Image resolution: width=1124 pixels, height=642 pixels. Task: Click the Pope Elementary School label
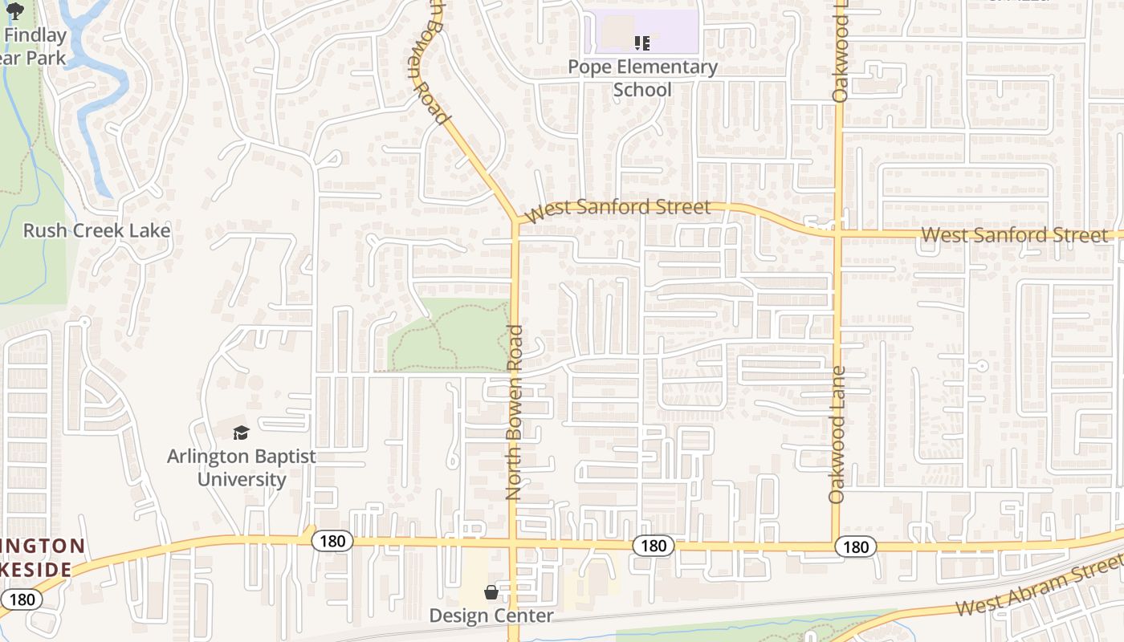pos(642,78)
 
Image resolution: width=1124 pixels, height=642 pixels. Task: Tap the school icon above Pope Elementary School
pos(641,43)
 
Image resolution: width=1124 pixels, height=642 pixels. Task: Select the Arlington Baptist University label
pos(242,468)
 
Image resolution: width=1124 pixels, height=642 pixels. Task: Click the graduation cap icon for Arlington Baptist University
pos(242,433)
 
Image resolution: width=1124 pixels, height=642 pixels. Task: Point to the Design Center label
pos(491,616)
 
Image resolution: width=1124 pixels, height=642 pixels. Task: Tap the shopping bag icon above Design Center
pos(491,592)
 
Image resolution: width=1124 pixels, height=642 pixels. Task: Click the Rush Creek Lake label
pos(96,231)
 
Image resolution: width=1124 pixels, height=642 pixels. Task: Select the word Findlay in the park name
pos(35,35)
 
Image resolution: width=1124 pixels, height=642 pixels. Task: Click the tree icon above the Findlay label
pos(15,10)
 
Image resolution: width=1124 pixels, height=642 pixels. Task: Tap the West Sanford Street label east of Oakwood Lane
pos(1014,235)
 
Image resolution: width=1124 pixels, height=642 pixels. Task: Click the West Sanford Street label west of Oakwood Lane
pos(618,209)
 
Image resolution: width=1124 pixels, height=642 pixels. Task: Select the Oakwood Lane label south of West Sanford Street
pos(837,434)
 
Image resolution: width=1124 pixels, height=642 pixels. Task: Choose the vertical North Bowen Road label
pos(515,412)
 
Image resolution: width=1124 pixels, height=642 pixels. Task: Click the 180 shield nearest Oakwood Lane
pos(856,547)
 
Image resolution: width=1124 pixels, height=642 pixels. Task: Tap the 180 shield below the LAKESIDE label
pos(22,599)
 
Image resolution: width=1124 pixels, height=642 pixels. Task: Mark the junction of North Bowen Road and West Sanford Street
pos(515,220)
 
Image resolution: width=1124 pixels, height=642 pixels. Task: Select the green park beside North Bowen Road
pos(450,337)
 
